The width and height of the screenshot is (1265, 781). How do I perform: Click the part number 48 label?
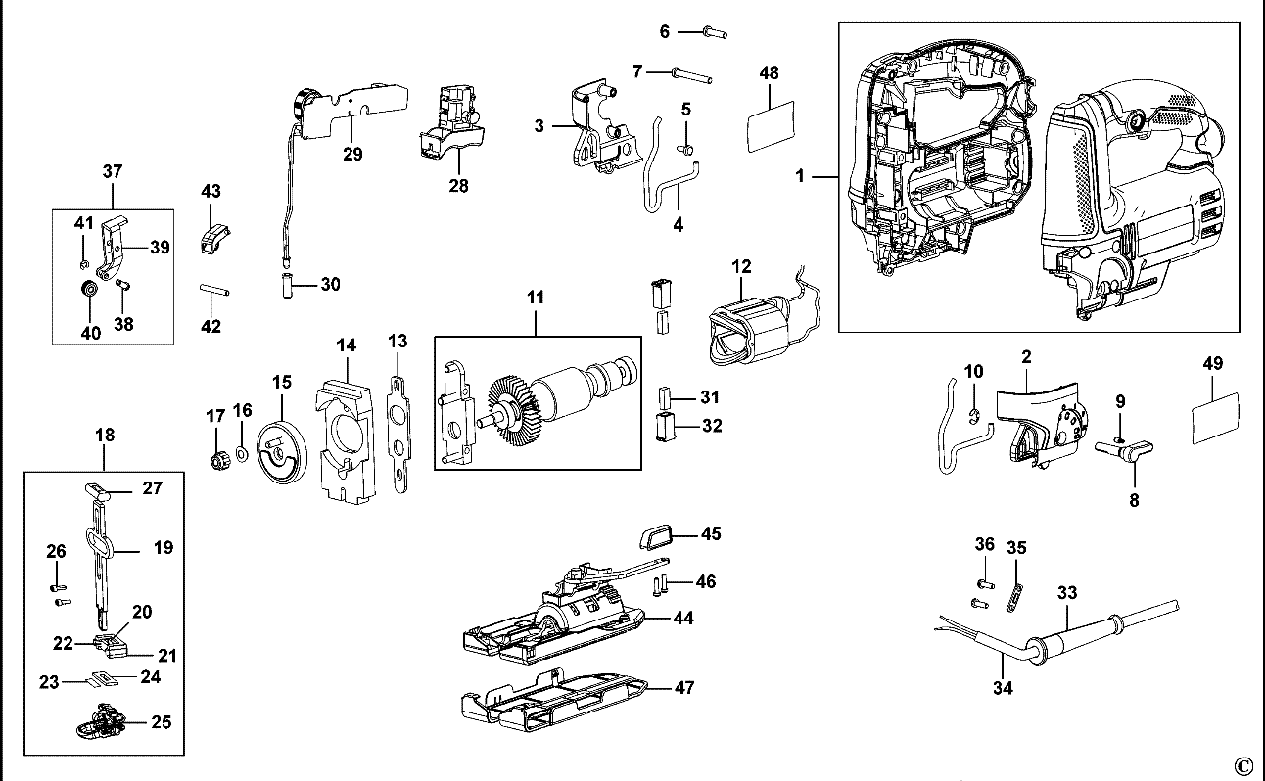770,72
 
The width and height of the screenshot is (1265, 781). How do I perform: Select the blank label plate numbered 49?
1215,418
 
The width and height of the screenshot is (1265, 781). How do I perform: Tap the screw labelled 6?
715,32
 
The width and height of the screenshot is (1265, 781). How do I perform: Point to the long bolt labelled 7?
692,75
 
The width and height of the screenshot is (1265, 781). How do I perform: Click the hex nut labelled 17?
216,461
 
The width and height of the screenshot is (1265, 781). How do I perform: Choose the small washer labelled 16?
242,454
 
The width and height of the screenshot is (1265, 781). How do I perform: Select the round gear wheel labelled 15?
282,452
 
